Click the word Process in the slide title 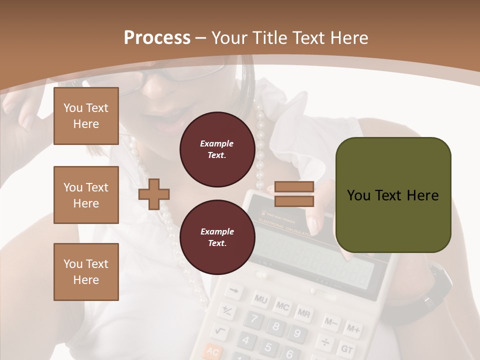click(x=157, y=37)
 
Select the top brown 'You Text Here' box click(x=86, y=116)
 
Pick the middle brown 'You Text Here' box click(x=86, y=195)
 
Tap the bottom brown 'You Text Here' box click(x=86, y=272)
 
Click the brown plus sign click(x=154, y=194)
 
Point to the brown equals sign click(x=294, y=194)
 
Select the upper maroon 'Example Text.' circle click(x=217, y=149)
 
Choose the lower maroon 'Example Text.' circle click(x=217, y=237)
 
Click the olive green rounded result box click(x=393, y=195)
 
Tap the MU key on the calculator click(x=261, y=299)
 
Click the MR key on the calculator click(x=303, y=313)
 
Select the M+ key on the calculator click(x=353, y=329)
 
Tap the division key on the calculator click(x=325, y=342)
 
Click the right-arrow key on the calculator click(x=234, y=290)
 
